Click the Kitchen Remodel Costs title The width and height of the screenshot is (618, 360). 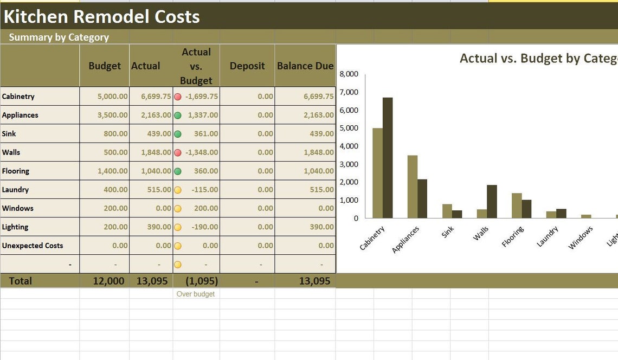[101, 17]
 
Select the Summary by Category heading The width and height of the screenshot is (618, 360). [59, 37]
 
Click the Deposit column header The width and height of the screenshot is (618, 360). [247, 66]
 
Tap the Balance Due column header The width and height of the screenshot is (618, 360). [305, 66]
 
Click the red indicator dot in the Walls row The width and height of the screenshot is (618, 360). [178, 152]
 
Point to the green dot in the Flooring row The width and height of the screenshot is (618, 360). [178, 171]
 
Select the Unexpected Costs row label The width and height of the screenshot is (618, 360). [33, 246]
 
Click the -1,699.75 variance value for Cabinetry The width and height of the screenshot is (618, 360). [201, 97]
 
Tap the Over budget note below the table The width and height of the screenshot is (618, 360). [196, 294]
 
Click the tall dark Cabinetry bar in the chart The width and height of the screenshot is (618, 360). [388, 158]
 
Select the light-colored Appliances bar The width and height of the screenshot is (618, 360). [412, 187]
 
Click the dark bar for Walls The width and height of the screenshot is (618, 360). [492, 201]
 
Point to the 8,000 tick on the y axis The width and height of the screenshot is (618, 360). [349, 74]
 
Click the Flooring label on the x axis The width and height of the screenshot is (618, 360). [512, 237]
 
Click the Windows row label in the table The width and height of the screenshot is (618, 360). [17, 208]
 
